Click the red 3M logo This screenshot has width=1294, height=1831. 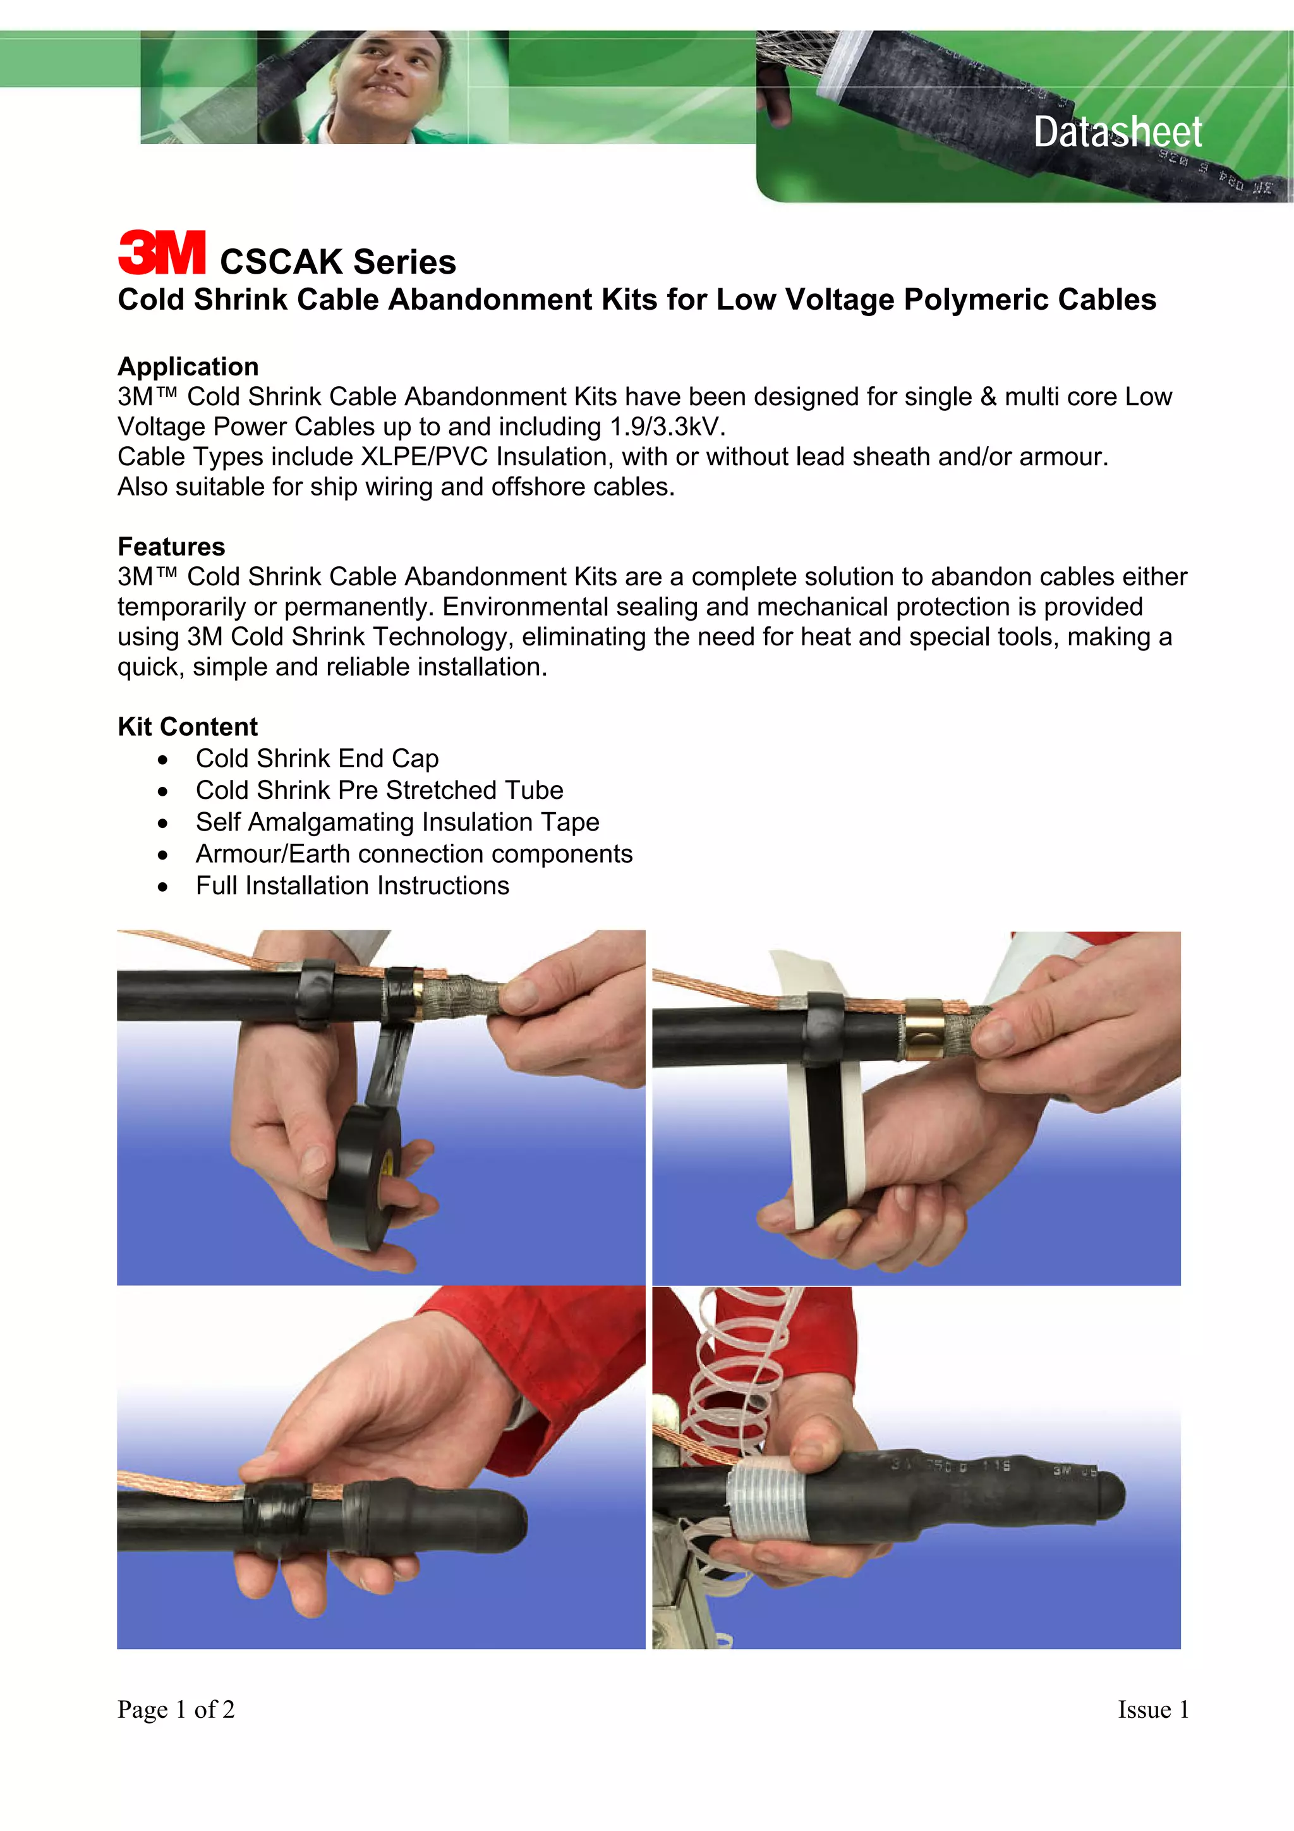click(x=162, y=253)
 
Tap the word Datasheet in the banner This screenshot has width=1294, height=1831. click(x=1117, y=132)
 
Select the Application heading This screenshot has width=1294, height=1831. click(x=188, y=366)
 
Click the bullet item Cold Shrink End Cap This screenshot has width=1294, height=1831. click(x=317, y=758)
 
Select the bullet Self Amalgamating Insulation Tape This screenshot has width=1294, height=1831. click(x=397, y=822)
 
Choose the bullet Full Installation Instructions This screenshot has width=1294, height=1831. click(x=353, y=886)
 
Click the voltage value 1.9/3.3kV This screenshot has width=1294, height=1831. click(x=666, y=427)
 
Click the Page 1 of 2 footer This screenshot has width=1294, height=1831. click(x=176, y=1709)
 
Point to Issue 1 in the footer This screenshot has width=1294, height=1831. click(x=1153, y=1709)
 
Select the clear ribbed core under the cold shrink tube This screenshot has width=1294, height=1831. click(x=770, y=1501)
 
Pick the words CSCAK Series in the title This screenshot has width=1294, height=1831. click(x=338, y=262)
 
